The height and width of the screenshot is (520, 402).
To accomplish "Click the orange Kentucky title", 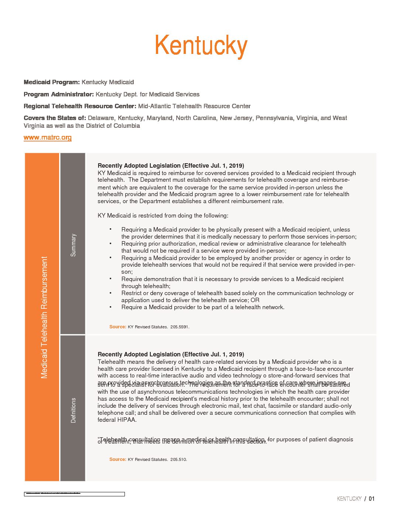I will [201, 46].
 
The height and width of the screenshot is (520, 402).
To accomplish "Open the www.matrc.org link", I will [48, 137].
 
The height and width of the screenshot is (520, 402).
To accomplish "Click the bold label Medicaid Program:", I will [52, 82].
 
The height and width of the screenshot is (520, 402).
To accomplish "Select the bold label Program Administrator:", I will [59, 94].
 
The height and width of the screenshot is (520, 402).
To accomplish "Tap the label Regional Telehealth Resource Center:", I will [80, 106].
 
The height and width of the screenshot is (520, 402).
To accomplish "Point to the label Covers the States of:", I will [55, 118].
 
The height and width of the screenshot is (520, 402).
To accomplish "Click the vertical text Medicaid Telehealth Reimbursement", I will [44, 317].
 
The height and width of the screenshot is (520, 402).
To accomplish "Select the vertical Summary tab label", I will [73, 245].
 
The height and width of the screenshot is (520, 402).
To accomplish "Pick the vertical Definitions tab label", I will [73, 410].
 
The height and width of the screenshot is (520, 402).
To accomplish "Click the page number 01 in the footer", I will [372, 499].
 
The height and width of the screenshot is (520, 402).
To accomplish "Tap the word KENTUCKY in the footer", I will [349, 499].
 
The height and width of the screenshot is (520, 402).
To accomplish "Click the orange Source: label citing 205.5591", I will [117, 327].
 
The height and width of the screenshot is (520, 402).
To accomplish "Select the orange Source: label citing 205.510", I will [117, 459].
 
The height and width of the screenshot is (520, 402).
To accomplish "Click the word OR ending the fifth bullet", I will [255, 300].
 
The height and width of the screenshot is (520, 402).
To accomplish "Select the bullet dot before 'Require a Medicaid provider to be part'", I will [110, 307].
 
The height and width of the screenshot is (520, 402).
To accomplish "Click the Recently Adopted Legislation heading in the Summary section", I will [171, 165].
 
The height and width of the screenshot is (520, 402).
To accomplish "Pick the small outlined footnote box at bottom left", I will [74, 494].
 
